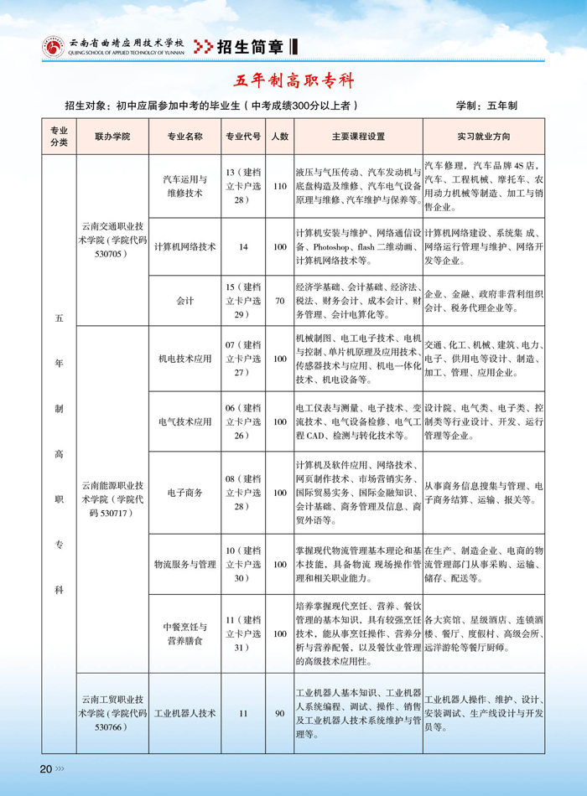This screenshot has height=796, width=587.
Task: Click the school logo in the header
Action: (x=53, y=48)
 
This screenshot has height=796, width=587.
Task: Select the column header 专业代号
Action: (x=244, y=136)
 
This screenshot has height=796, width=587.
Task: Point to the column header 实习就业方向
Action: (x=484, y=136)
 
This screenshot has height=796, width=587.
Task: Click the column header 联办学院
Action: (x=112, y=136)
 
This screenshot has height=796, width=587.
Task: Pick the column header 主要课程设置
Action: (x=357, y=136)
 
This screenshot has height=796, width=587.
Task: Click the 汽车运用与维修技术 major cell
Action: (x=185, y=186)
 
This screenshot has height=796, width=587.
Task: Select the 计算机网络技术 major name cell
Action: (x=185, y=247)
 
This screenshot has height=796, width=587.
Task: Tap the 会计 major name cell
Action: (x=185, y=300)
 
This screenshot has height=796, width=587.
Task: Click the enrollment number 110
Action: (x=280, y=186)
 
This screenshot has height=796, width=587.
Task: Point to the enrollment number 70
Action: (x=280, y=300)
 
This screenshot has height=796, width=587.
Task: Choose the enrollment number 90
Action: (x=280, y=714)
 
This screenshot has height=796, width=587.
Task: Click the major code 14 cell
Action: (x=244, y=247)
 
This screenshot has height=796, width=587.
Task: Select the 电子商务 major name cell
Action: (x=185, y=493)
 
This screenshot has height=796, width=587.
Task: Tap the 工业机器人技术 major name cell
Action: (x=185, y=714)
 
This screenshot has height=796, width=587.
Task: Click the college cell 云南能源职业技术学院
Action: (x=112, y=499)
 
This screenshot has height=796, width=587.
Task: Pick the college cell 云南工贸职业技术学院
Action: (x=112, y=714)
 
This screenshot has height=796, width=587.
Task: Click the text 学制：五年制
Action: (x=486, y=106)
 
